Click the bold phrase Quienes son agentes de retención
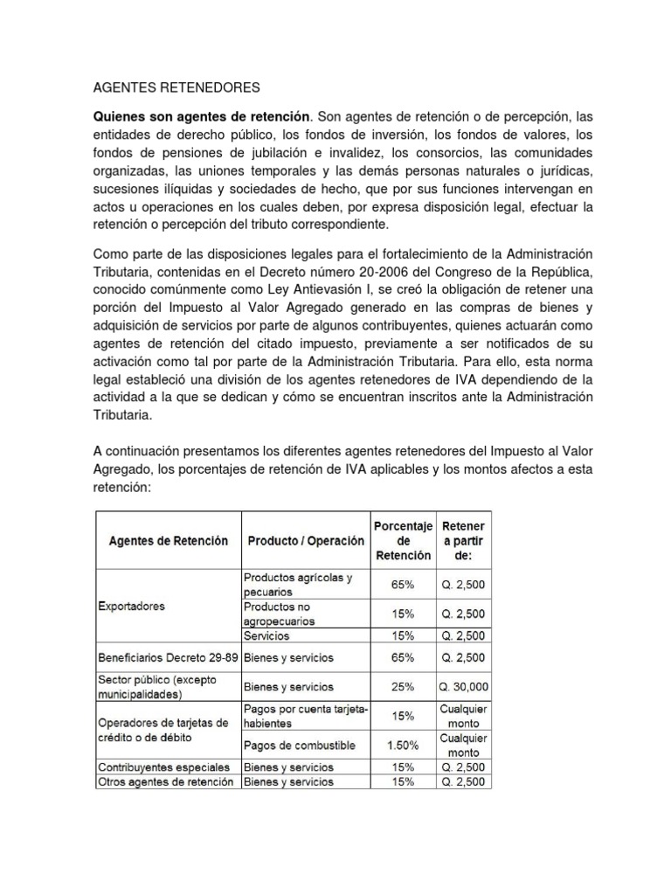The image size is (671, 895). [x=202, y=116]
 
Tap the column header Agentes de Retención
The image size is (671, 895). [x=168, y=540]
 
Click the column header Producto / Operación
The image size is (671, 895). [x=305, y=540]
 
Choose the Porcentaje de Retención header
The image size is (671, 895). [x=403, y=540]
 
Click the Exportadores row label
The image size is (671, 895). [x=131, y=606]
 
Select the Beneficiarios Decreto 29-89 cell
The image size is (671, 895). [x=168, y=656]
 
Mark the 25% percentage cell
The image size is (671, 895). [x=403, y=687]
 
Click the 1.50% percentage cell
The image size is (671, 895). [x=403, y=746]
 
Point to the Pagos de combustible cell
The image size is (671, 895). [x=299, y=746]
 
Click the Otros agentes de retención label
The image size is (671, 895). [x=164, y=781]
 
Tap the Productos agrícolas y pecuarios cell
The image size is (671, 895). [x=298, y=584]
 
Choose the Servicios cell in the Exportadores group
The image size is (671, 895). [x=267, y=635]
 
